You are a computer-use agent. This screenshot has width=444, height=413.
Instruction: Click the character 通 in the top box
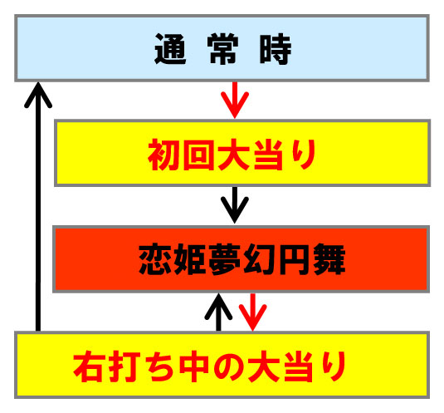pos(170,49)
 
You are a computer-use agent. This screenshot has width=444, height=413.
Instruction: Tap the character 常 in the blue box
pos(222,49)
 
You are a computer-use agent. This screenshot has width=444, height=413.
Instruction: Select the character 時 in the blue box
pos(276,49)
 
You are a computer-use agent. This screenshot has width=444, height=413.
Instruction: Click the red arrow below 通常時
pos(235,100)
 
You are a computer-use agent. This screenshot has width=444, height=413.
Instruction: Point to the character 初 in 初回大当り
pos(164,155)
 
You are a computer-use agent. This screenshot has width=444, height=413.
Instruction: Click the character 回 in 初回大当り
pos(198,155)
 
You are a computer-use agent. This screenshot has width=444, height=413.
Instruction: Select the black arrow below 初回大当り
pos(235,204)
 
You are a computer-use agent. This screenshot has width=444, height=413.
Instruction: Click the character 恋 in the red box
pos(154,259)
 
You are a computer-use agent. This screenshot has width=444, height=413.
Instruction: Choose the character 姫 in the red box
pos(189,259)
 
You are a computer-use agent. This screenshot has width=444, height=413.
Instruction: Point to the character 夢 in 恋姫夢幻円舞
pos(225,259)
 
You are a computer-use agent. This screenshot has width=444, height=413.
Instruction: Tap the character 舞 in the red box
pos(329,259)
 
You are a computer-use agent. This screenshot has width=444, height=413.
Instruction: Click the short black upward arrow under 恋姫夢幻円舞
pos(218,312)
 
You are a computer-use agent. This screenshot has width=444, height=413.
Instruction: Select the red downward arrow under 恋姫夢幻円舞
pos(253,312)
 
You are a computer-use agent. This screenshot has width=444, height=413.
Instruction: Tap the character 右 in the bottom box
pos(90,366)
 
